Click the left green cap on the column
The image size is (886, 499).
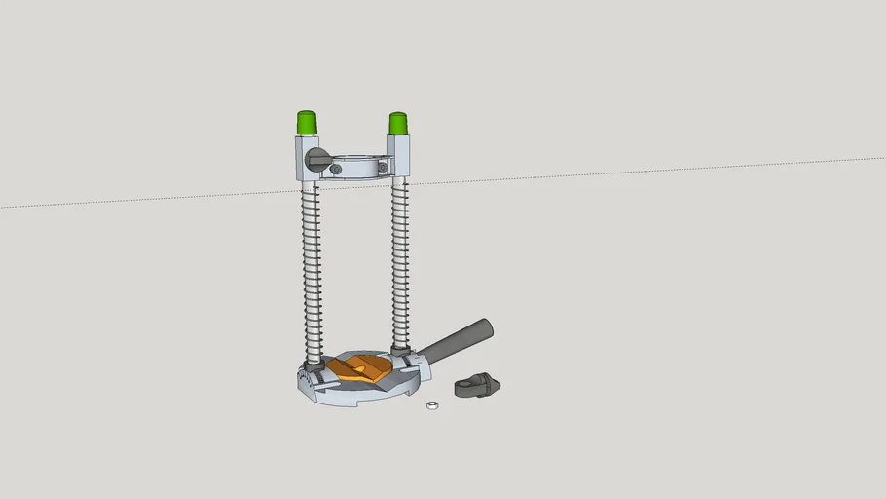[307, 124]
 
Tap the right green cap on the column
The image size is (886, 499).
[397, 124]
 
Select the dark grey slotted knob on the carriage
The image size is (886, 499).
[314, 159]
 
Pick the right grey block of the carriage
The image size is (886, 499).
[398, 156]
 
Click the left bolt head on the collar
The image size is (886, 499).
[337, 170]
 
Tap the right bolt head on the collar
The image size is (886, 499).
[383, 168]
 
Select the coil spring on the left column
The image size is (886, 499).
[313, 273]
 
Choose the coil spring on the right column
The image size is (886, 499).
[399, 263]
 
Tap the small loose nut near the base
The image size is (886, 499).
[432, 404]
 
